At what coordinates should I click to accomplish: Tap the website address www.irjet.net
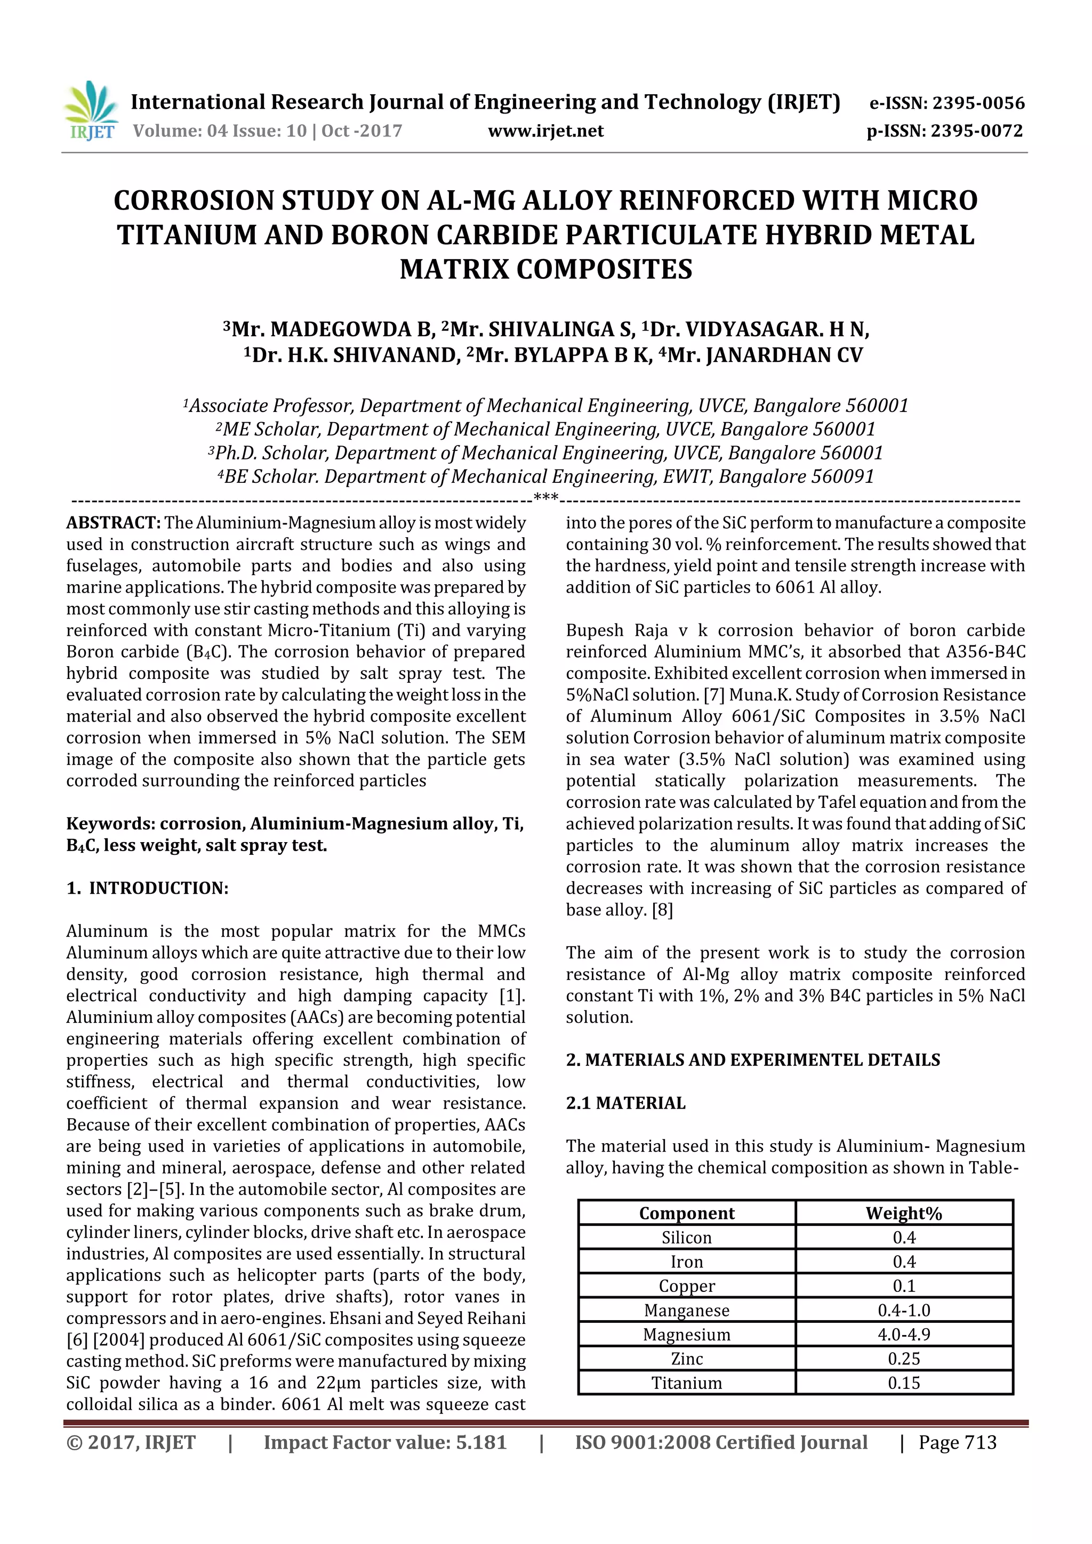click(545, 131)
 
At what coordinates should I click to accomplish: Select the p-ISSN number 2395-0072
click(976, 131)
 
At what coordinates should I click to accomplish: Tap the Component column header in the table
click(686, 1213)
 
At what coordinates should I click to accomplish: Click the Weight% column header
click(904, 1213)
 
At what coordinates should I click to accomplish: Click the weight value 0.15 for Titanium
click(904, 1383)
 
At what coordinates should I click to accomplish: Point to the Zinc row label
click(686, 1359)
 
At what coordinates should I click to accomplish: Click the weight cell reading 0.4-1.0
click(904, 1310)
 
